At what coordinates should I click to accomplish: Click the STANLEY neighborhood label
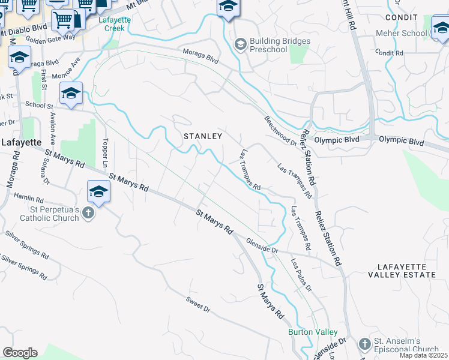[x=203, y=136]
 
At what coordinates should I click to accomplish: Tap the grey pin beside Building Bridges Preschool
[x=241, y=43]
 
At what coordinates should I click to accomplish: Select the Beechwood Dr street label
[x=281, y=131]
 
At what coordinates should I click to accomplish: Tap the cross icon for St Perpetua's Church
[x=88, y=212]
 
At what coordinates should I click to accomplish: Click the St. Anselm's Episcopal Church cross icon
[x=364, y=344]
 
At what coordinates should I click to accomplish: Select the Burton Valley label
[x=313, y=332]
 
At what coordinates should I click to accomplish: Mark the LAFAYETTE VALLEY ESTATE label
[x=406, y=270]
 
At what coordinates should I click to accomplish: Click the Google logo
[x=20, y=353]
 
